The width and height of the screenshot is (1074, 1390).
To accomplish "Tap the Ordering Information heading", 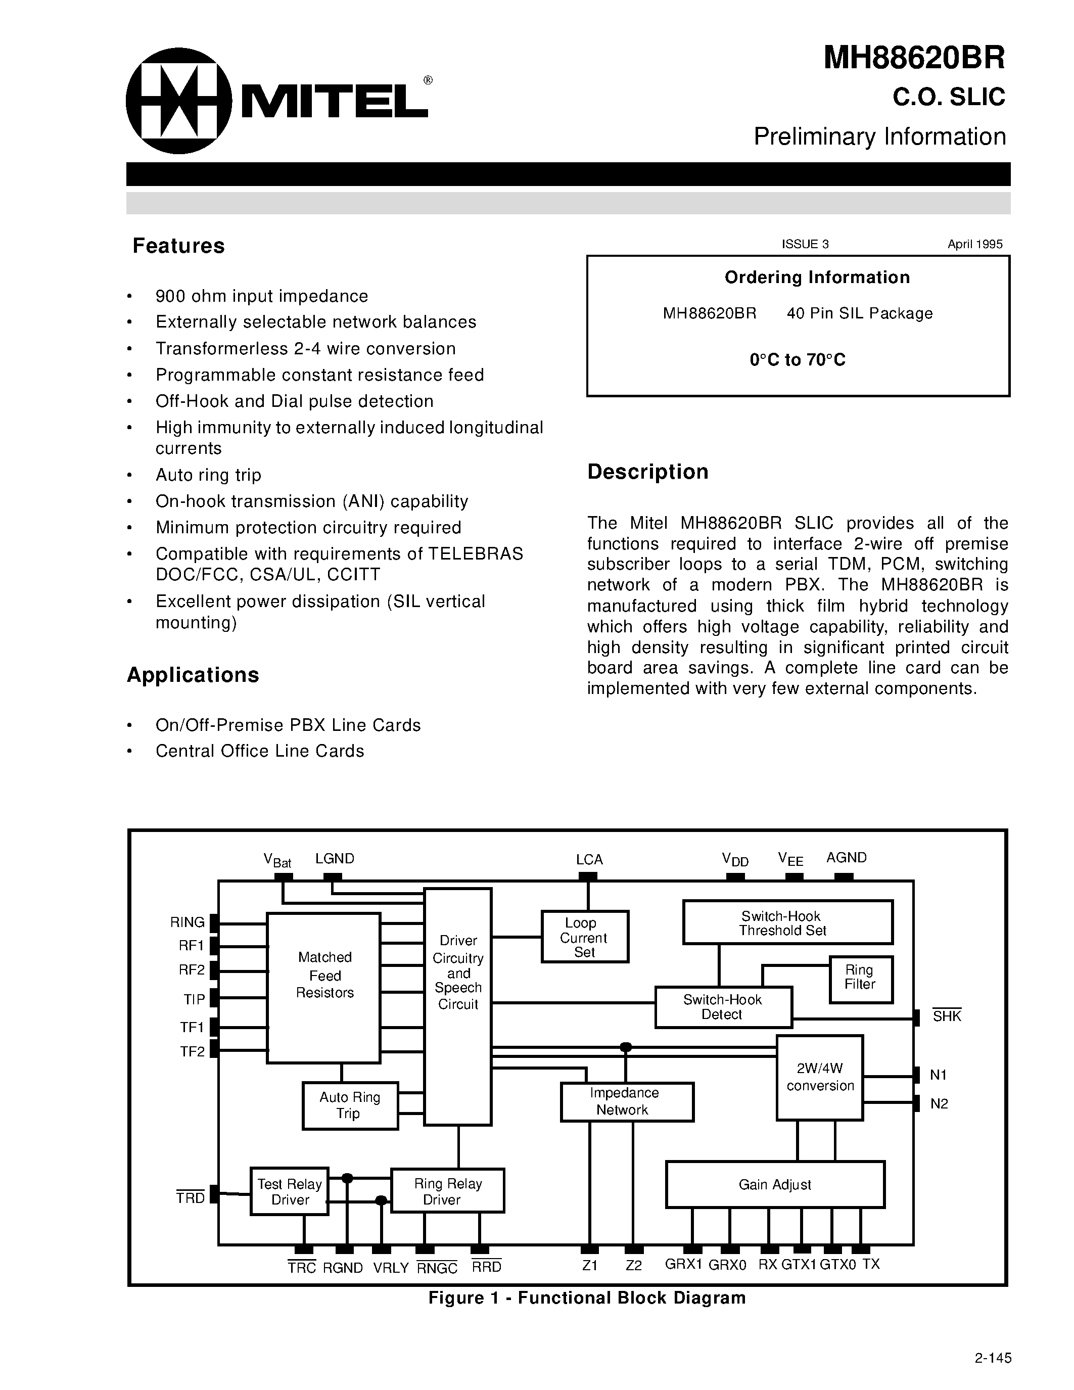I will (x=817, y=277).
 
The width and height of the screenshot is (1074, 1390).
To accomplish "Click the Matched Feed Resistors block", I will (x=324, y=988).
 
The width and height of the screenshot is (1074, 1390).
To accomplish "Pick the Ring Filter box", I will (x=860, y=978).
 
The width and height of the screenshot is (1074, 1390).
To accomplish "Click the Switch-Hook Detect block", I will (x=723, y=1007).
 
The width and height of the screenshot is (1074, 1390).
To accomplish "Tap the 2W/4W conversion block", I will (x=819, y=1077).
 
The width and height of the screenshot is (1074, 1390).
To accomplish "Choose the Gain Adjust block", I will (x=775, y=1184).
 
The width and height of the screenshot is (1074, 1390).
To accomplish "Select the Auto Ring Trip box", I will (x=350, y=1105).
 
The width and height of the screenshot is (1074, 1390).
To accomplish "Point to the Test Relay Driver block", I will (x=290, y=1191).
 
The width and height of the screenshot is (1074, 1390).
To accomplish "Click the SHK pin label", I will (x=947, y=1017).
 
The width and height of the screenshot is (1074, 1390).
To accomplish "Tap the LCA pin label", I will (x=589, y=860).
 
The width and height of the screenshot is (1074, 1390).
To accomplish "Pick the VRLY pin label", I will (x=391, y=1268).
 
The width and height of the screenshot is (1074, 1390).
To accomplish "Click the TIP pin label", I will (x=194, y=999).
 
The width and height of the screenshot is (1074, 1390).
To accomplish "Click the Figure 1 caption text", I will (x=587, y=1298).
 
